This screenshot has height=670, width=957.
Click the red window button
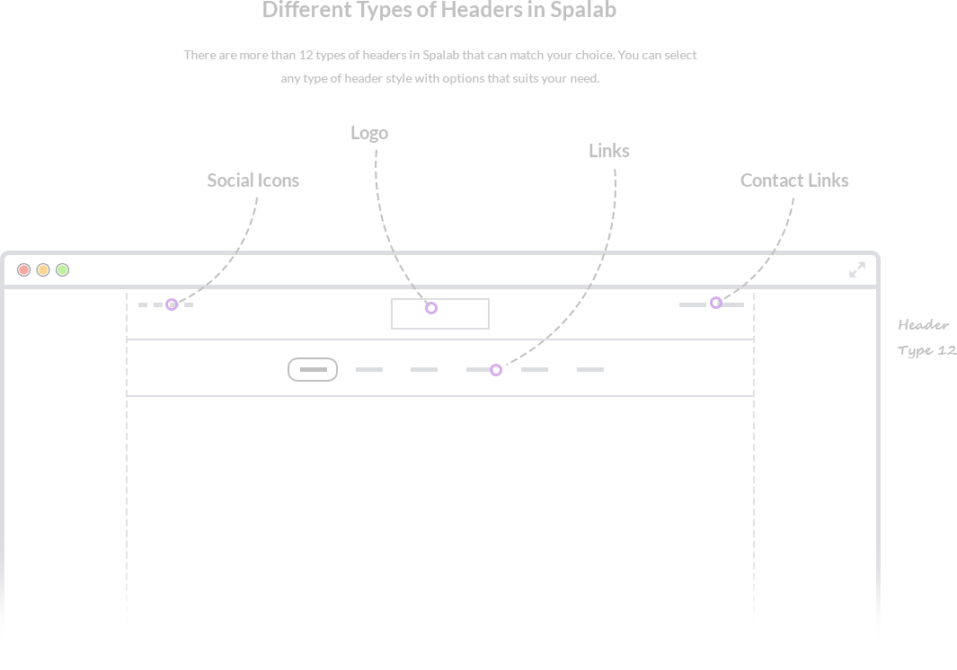(x=24, y=269)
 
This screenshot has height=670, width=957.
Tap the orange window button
(x=43, y=269)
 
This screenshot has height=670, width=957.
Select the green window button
(x=63, y=269)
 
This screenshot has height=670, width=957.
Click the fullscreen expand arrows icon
(x=857, y=269)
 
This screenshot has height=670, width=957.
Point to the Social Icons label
(x=253, y=181)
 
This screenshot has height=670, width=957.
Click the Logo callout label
(x=369, y=133)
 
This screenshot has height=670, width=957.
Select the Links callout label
(x=608, y=151)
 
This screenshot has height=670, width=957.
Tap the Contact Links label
(x=794, y=181)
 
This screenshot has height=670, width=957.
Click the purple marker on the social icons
(x=172, y=305)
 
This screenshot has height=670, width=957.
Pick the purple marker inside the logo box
(x=431, y=308)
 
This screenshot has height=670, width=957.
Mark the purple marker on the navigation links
(x=496, y=370)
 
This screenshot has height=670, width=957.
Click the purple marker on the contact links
(x=716, y=304)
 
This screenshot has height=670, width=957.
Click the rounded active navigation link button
(x=313, y=369)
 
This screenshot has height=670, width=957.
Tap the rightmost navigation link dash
(x=589, y=369)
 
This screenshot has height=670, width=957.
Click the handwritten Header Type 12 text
(x=926, y=338)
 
